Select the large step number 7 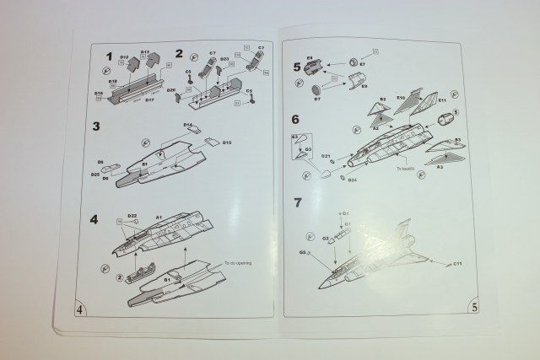pos(297,203)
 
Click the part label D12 pos(124,57)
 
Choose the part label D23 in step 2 pos(224,83)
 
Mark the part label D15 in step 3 pos(227,142)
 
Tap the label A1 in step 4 pos(158,217)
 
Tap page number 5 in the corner pos(475,308)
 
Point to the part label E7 pos(362,63)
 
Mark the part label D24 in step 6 pos(352,180)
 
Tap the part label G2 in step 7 pos(324,239)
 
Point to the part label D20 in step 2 pos(171,89)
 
